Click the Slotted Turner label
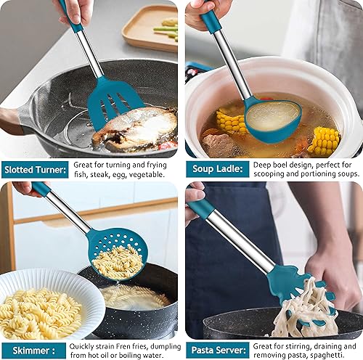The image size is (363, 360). pos(36,170)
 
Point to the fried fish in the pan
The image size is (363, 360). pos(138,128)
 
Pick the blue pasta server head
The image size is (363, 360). pos(298,286)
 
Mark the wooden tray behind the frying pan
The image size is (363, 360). pos(149,27)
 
